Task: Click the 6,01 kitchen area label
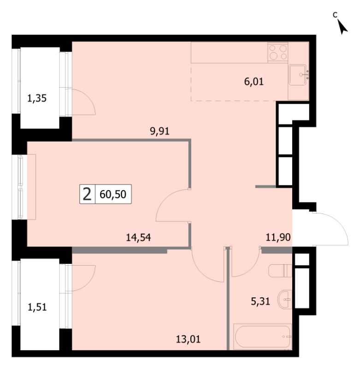254,82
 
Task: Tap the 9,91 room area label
159,131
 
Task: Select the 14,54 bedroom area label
138,237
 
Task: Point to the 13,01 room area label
188,339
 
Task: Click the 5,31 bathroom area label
260,301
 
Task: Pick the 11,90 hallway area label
278,237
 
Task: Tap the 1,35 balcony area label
37,98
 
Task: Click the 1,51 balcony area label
37,307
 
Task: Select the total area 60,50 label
113,194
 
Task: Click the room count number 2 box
87,194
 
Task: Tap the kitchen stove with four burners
277,53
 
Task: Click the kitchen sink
297,75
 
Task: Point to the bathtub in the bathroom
262,337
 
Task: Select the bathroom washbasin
285,299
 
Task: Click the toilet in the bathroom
280,271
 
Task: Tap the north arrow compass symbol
342,27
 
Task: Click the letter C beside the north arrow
335,15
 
